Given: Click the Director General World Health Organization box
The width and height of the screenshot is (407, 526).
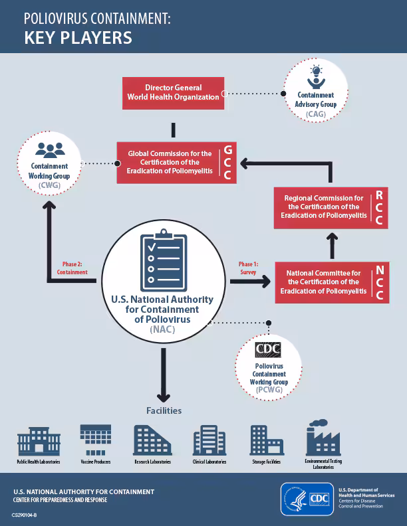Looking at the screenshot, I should click(173, 92).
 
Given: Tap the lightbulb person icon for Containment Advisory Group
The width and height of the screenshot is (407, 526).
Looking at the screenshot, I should click(316, 75).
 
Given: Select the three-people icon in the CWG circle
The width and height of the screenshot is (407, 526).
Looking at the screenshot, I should click(50, 149).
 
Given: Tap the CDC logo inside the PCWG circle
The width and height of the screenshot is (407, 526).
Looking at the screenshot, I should click(269, 349).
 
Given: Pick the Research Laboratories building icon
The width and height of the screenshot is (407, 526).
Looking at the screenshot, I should click(152, 440).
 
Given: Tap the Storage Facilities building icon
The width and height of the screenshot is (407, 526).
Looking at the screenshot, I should click(266, 440).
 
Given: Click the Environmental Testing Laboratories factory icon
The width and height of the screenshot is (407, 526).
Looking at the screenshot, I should click(323, 438).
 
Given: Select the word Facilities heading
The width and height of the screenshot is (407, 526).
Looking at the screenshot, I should click(164, 410).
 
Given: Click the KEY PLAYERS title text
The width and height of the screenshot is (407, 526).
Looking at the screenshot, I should click(78, 37).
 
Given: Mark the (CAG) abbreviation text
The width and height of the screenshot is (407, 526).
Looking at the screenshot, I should click(316, 114).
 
